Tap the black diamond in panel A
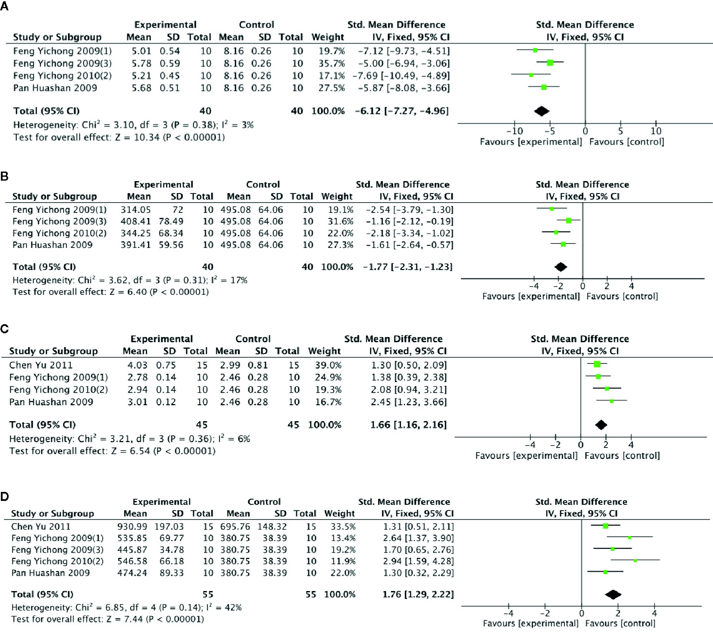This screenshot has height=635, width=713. click(541, 111)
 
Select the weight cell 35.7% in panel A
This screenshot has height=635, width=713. click(331, 63)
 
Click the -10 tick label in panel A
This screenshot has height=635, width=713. click(514, 131)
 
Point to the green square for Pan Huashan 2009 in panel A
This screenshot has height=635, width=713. click(544, 88)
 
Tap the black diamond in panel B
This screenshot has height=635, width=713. click(560, 267)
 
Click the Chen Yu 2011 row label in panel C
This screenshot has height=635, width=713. click(41, 365)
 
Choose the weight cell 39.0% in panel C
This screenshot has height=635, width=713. click(328, 365)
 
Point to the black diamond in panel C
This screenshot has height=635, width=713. click(601, 425)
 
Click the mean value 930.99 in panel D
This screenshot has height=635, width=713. click(132, 526)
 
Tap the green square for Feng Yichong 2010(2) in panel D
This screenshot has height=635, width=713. click(635, 561)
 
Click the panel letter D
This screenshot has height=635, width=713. click(4, 497)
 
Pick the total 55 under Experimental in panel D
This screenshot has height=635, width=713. click(208, 594)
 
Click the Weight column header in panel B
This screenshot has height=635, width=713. click(337, 197)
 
